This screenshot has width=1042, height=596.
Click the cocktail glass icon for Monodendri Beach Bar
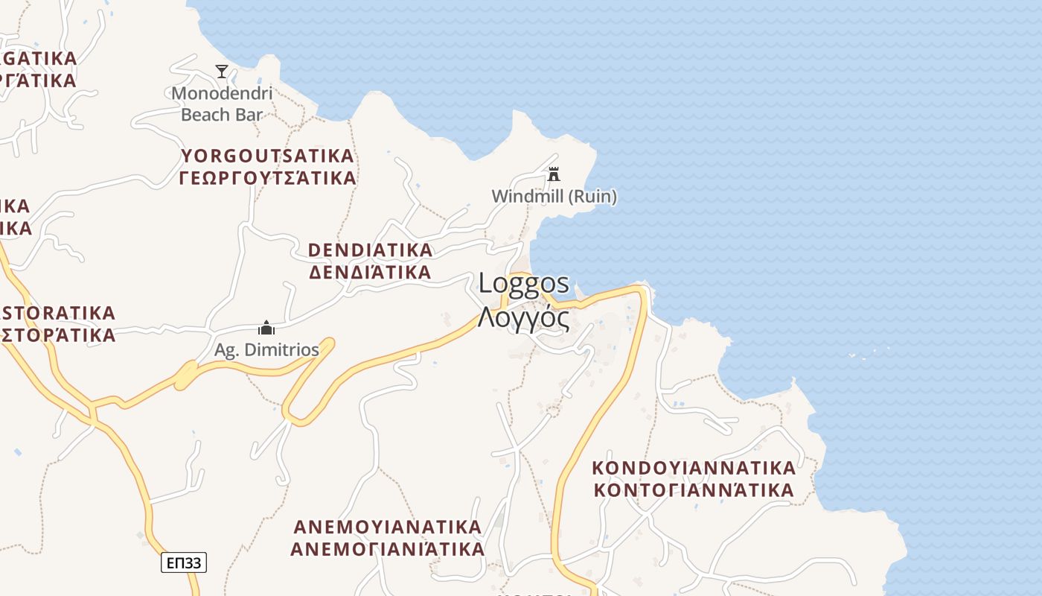pos(222,72)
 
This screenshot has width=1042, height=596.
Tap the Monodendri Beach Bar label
pos(222,104)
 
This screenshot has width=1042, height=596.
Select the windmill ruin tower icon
pos(554,174)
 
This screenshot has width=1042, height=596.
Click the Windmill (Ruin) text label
pos(554,197)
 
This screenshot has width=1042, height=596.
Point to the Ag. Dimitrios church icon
pos(266,328)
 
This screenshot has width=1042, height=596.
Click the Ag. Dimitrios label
pos(266,349)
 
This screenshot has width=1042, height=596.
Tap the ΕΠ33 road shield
pos(184,562)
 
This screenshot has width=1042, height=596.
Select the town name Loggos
pos(524,283)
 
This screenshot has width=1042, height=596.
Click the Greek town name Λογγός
pos(524,317)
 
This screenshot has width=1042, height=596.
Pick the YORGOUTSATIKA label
pos(267,156)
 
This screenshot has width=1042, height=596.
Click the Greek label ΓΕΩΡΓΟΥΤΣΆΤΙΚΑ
pos(267,178)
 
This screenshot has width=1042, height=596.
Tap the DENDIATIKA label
pos(370,250)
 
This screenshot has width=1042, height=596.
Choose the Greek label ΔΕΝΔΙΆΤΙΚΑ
pos(370,272)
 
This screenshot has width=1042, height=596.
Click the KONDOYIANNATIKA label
pos(694,468)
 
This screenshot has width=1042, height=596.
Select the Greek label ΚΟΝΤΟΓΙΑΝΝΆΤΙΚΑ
pos(694,490)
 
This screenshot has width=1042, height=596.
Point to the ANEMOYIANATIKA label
pos(387,527)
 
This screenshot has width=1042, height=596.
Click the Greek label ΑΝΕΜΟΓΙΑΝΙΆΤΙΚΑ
pos(387,549)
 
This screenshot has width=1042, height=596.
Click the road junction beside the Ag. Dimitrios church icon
pos(210,328)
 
